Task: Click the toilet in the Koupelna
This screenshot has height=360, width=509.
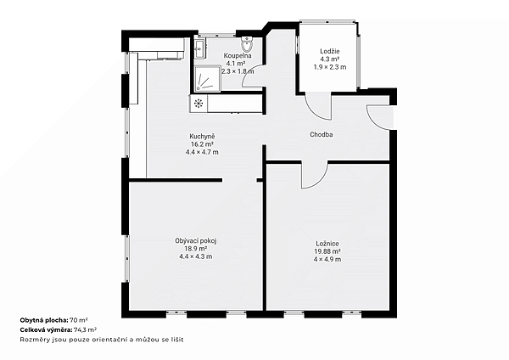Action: [x=248, y=44]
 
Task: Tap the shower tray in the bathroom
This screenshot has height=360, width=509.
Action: [x=208, y=79]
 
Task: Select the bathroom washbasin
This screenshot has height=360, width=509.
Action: [x=199, y=49]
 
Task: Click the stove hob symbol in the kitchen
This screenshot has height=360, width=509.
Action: [x=199, y=104]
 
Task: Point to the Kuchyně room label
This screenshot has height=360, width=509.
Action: [x=202, y=136]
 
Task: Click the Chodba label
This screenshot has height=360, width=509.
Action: [x=321, y=134]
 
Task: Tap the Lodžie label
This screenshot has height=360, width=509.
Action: [x=330, y=51]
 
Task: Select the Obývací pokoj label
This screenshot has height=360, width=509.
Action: [x=196, y=241]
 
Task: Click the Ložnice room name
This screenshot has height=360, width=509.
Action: [x=327, y=244]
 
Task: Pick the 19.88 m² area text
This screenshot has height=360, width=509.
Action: [x=327, y=251]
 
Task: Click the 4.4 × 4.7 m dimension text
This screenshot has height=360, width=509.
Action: [x=202, y=152]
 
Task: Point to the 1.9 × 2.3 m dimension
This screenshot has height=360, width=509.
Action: [x=330, y=67]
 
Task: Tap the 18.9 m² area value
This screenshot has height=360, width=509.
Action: [x=196, y=249]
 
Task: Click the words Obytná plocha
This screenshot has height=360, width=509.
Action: [x=44, y=320]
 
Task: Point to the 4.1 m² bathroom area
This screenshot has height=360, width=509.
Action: [x=236, y=64]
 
